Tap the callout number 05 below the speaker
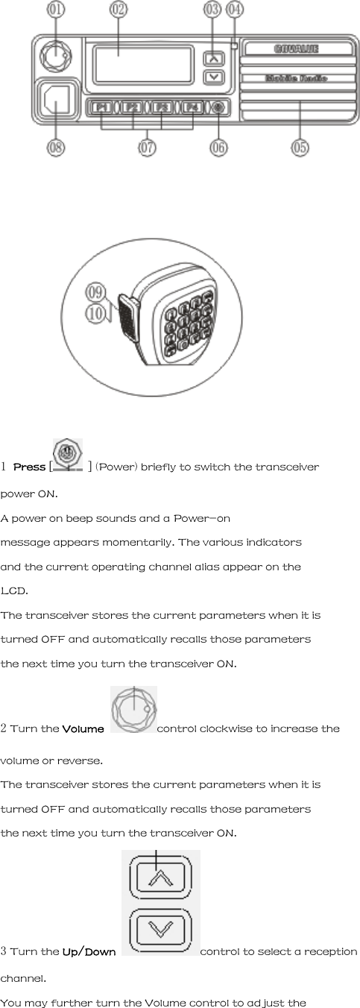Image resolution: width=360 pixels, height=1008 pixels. point(300,148)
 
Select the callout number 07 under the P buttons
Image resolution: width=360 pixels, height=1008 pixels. point(147,148)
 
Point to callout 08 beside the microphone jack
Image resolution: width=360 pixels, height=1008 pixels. point(57,148)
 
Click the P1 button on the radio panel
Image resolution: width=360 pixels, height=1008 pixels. point(102,108)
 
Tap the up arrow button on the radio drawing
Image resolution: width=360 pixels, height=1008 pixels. point(215,57)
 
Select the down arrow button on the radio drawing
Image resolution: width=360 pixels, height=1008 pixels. point(215,76)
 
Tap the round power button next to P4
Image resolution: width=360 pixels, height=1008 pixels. point(218,108)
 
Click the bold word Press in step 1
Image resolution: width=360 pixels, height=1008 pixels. point(29,467)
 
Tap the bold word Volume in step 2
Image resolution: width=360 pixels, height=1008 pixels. point(83,728)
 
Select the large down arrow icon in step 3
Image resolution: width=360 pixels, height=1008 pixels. point(160,929)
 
